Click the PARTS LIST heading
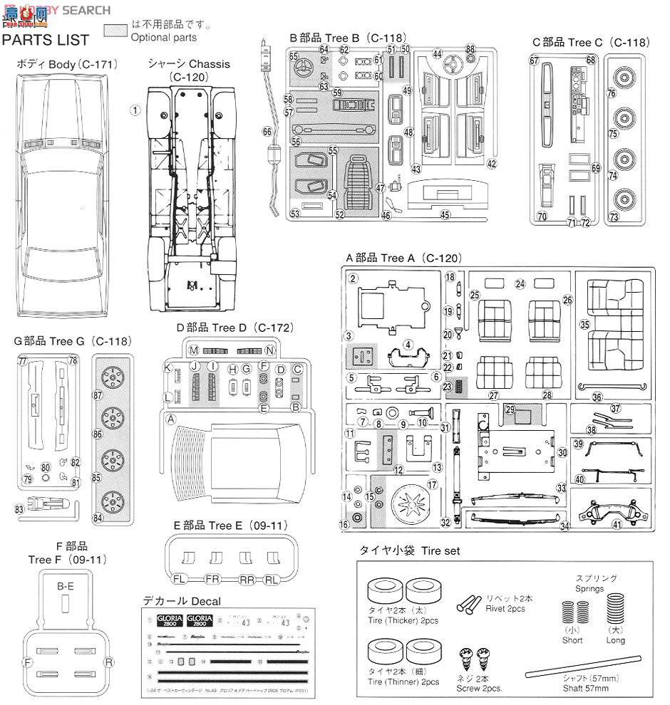click(46, 40)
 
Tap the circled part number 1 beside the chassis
click(135, 110)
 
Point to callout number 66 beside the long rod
click(267, 131)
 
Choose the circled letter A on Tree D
click(170, 419)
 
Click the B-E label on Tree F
click(66, 586)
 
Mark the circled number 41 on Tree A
click(617, 526)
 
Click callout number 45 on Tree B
click(445, 215)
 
